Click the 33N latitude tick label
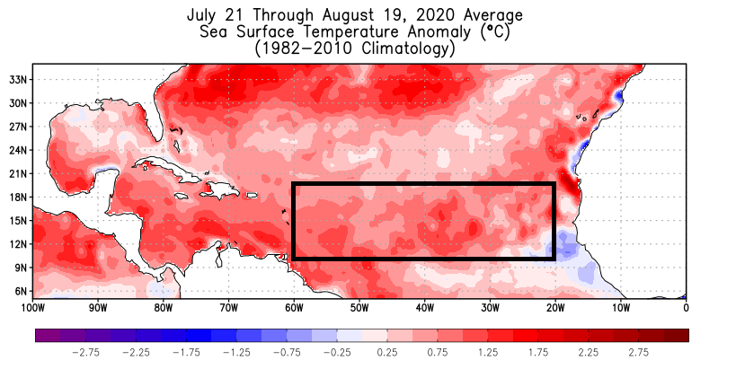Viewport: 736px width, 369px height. point(19,79)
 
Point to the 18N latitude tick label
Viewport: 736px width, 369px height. point(19,197)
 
